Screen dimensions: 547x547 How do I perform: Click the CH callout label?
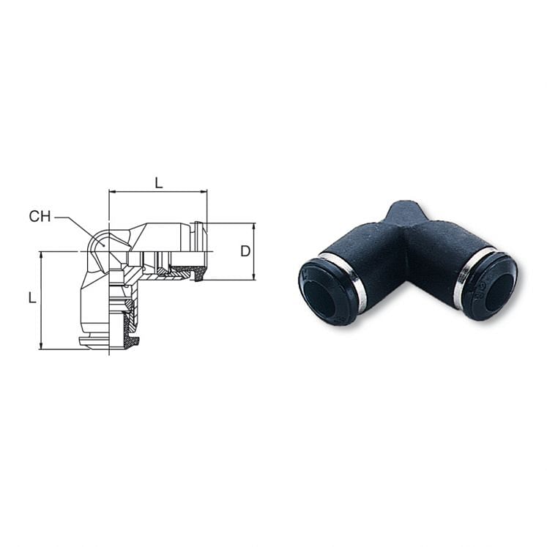[x=40, y=217]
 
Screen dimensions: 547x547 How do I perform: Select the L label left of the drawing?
[x=31, y=298]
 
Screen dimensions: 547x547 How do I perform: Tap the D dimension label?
[x=246, y=251]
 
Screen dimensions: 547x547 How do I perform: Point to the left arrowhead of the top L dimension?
[x=112, y=193]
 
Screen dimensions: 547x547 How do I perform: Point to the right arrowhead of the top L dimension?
[x=204, y=193]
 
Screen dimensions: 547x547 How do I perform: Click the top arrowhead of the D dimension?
[x=253, y=226]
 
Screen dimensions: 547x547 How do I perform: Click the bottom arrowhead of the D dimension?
[x=253, y=276]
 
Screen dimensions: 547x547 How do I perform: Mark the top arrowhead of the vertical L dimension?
[x=41, y=255]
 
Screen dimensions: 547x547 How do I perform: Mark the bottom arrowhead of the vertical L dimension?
[x=41, y=346]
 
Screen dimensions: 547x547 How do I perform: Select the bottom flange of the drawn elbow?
[x=106, y=341]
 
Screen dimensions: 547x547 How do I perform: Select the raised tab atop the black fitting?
[x=405, y=212]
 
